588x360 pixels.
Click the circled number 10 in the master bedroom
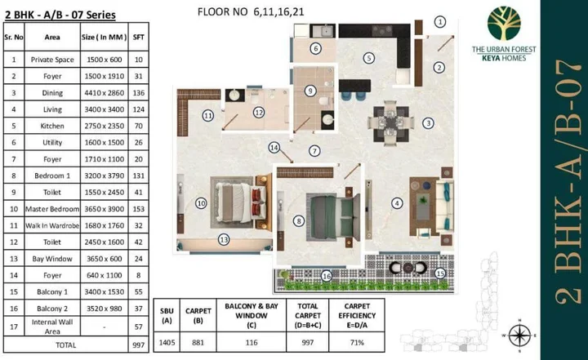(200, 202)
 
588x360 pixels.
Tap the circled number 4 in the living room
(397, 202)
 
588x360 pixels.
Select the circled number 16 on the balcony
(327, 277)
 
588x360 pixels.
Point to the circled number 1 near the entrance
(440, 22)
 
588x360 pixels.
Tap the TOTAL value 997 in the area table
(138, 346)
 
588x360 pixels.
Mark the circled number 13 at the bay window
(223, 239)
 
